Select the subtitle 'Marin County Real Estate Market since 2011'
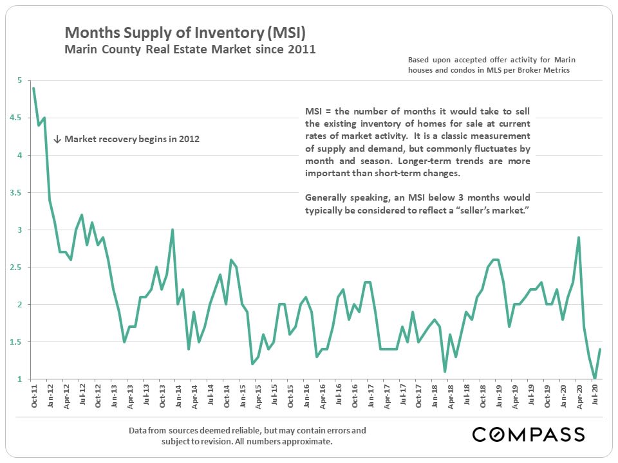point(190,49)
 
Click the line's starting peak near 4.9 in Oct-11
point(33,88)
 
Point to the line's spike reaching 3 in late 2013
point(173,230)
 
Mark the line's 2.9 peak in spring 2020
point(579,237)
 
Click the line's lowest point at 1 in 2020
point(595,379)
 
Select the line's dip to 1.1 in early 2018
point(445,371)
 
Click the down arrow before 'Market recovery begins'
point(57,139)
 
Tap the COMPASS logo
point(528,434)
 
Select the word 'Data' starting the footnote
point(140,430)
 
